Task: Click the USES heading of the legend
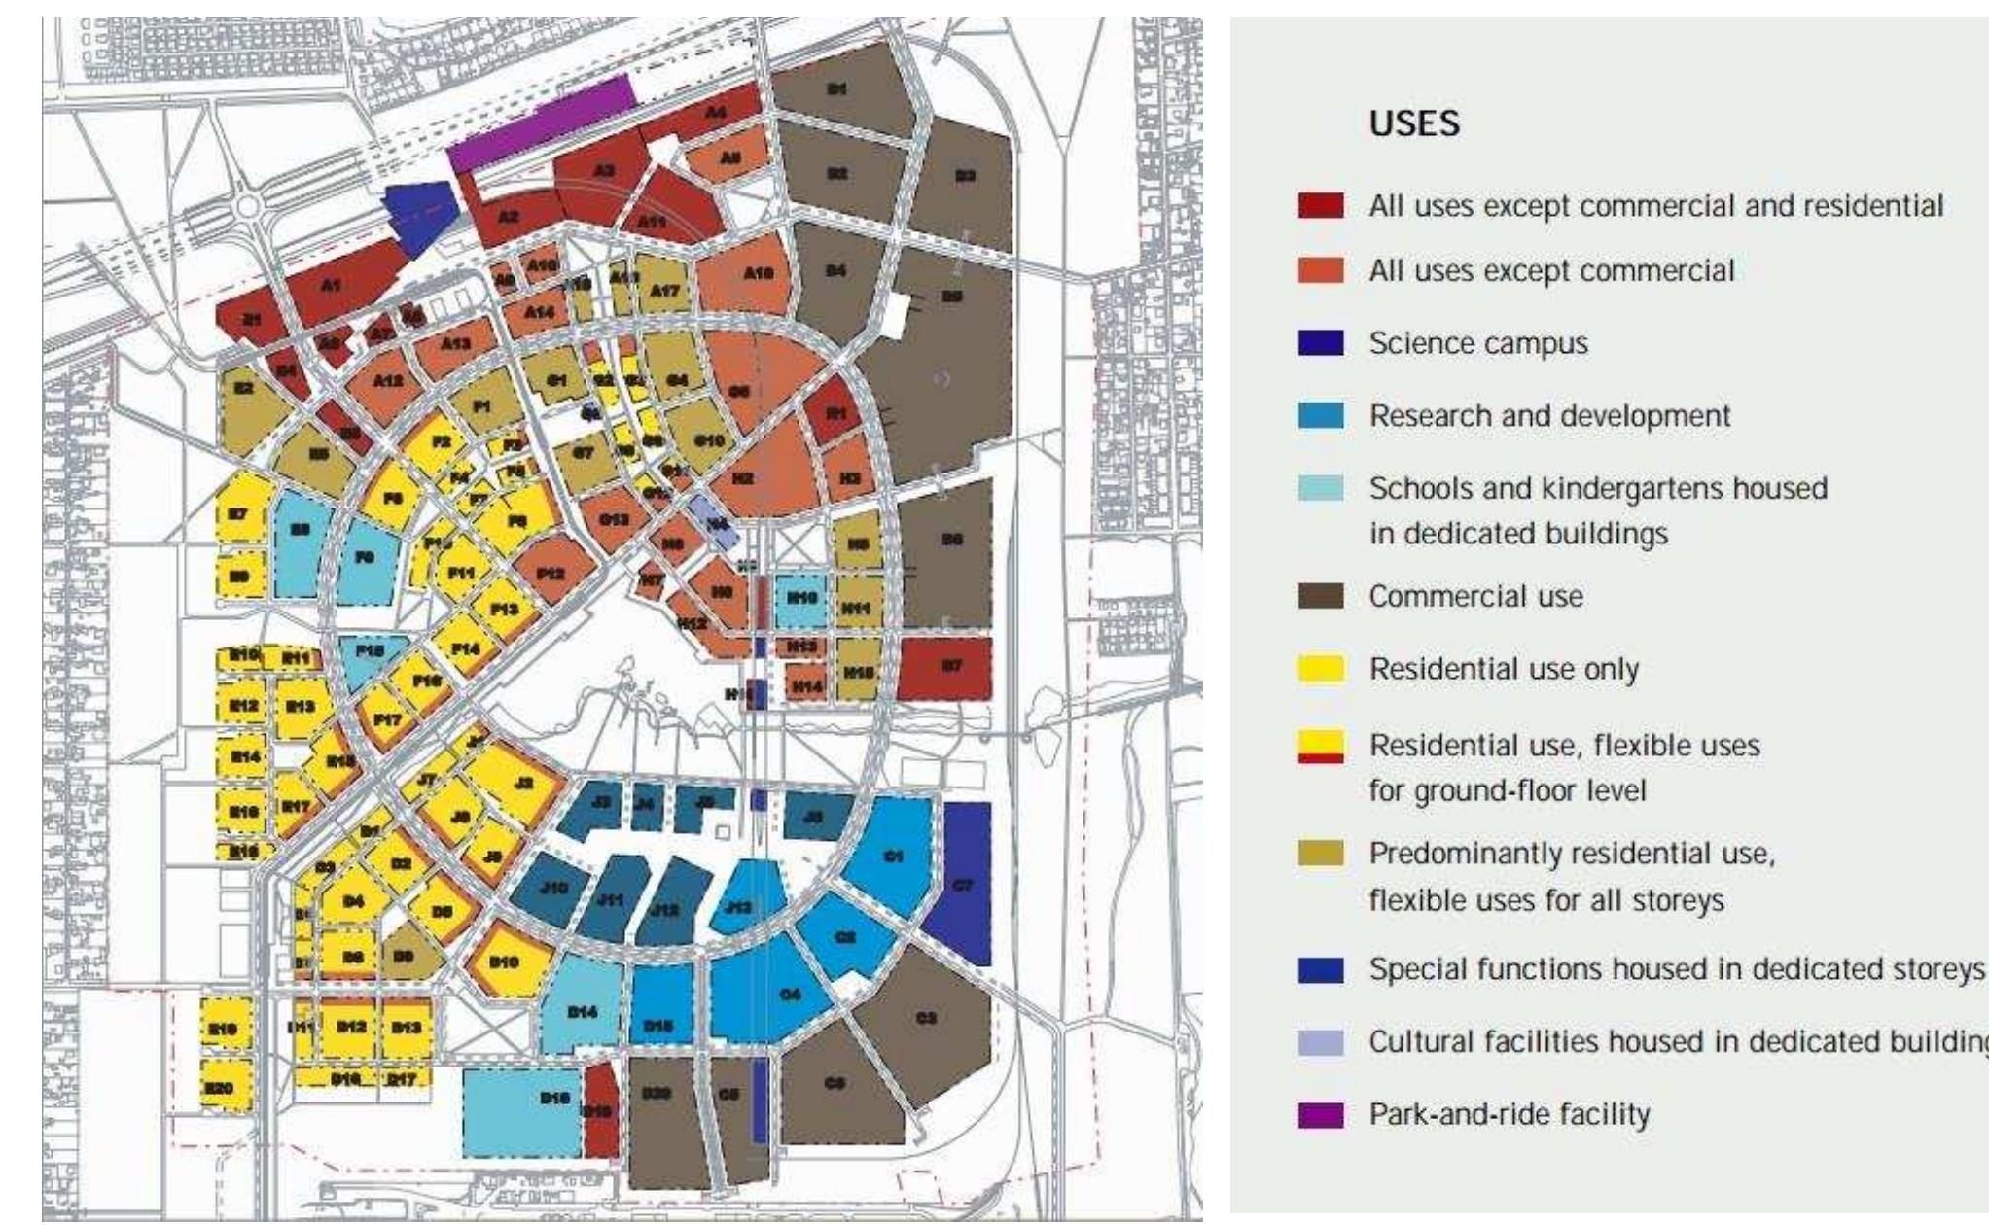coord(1414,124)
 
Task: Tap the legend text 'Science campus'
coord(1478,343)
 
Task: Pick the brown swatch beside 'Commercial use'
coord(1321,596)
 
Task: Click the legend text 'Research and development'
coord(1549,416)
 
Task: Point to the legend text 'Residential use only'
coord(1504,669)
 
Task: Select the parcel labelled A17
coord(665,290)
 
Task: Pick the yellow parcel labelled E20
coord(226,1091)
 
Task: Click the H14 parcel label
coord(806,686)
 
